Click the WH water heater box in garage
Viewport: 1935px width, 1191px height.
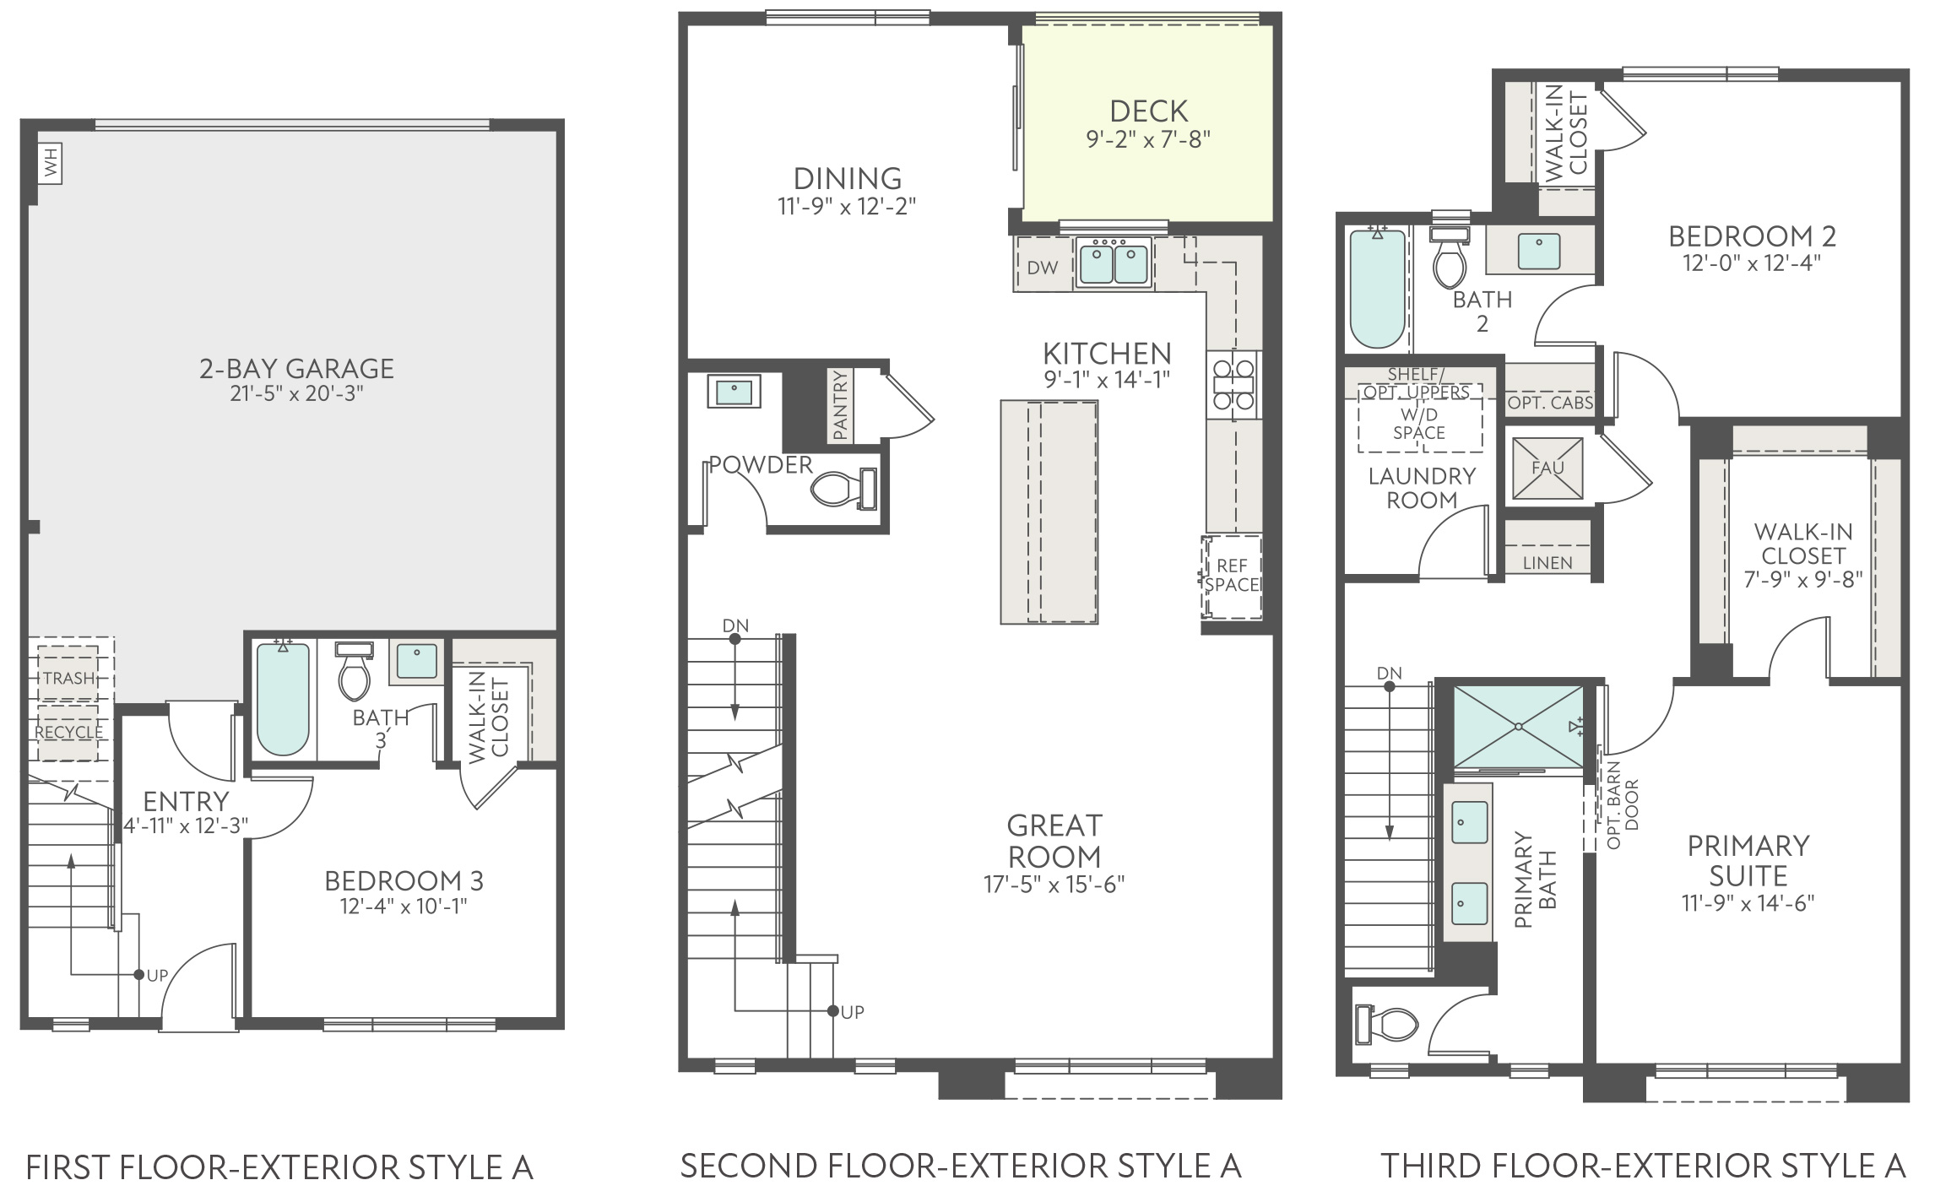[x=51, y=163]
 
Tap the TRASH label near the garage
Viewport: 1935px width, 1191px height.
[x=69, y=678]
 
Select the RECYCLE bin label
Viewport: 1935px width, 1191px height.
[x=69, y=732]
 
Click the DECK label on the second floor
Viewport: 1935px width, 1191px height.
[x=1148, y=111]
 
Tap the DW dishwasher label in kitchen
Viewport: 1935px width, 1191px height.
[x=1043, y=268]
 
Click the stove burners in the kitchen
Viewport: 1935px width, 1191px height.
[x=1233, y=384]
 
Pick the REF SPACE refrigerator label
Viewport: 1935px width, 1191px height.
[x=1233, y=575]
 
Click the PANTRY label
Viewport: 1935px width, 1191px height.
[x=840, y=406]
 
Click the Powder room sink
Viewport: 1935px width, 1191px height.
[x=734, y=391]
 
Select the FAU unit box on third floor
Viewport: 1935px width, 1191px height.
[x=1547, y=468]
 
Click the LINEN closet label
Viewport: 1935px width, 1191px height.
[x=1547, y=563]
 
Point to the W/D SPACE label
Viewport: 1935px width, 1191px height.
[x=1419, y=424]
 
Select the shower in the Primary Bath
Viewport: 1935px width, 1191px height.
[x=1519, y=727]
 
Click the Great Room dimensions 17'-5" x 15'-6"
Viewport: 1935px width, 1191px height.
[x=1054, y=884]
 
